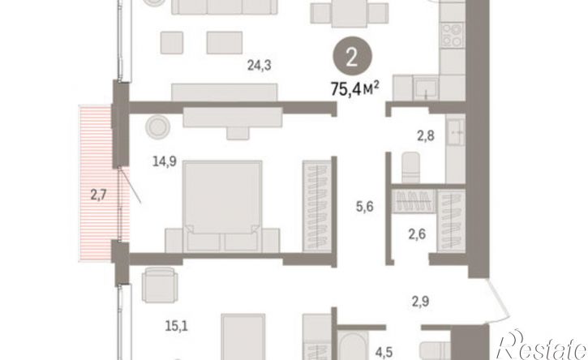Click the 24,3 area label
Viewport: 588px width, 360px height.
(259, 66)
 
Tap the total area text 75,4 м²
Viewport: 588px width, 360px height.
(354, 89)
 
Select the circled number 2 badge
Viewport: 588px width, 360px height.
(352, 58)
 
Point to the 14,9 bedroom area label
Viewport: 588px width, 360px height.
(165, 161)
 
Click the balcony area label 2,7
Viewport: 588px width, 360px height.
(99, 195)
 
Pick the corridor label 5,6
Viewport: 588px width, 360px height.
(365, 206)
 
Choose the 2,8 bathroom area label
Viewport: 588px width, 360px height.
(426, 135)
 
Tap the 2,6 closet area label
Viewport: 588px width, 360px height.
(417, 234)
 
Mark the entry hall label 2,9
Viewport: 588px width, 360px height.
(420, 302)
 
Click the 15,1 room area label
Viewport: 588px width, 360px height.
(177, 326)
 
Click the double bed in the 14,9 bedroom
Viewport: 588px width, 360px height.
(222, 206)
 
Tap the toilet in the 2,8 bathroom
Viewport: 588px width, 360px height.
(410, 167)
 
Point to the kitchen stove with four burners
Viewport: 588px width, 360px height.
(453, 35)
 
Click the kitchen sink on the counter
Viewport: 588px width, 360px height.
(426, 88)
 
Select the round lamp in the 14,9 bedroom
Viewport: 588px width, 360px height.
(158, 126)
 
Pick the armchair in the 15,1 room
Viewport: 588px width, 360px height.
(160, 285)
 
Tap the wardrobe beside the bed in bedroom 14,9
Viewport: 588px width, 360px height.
(317, 206)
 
